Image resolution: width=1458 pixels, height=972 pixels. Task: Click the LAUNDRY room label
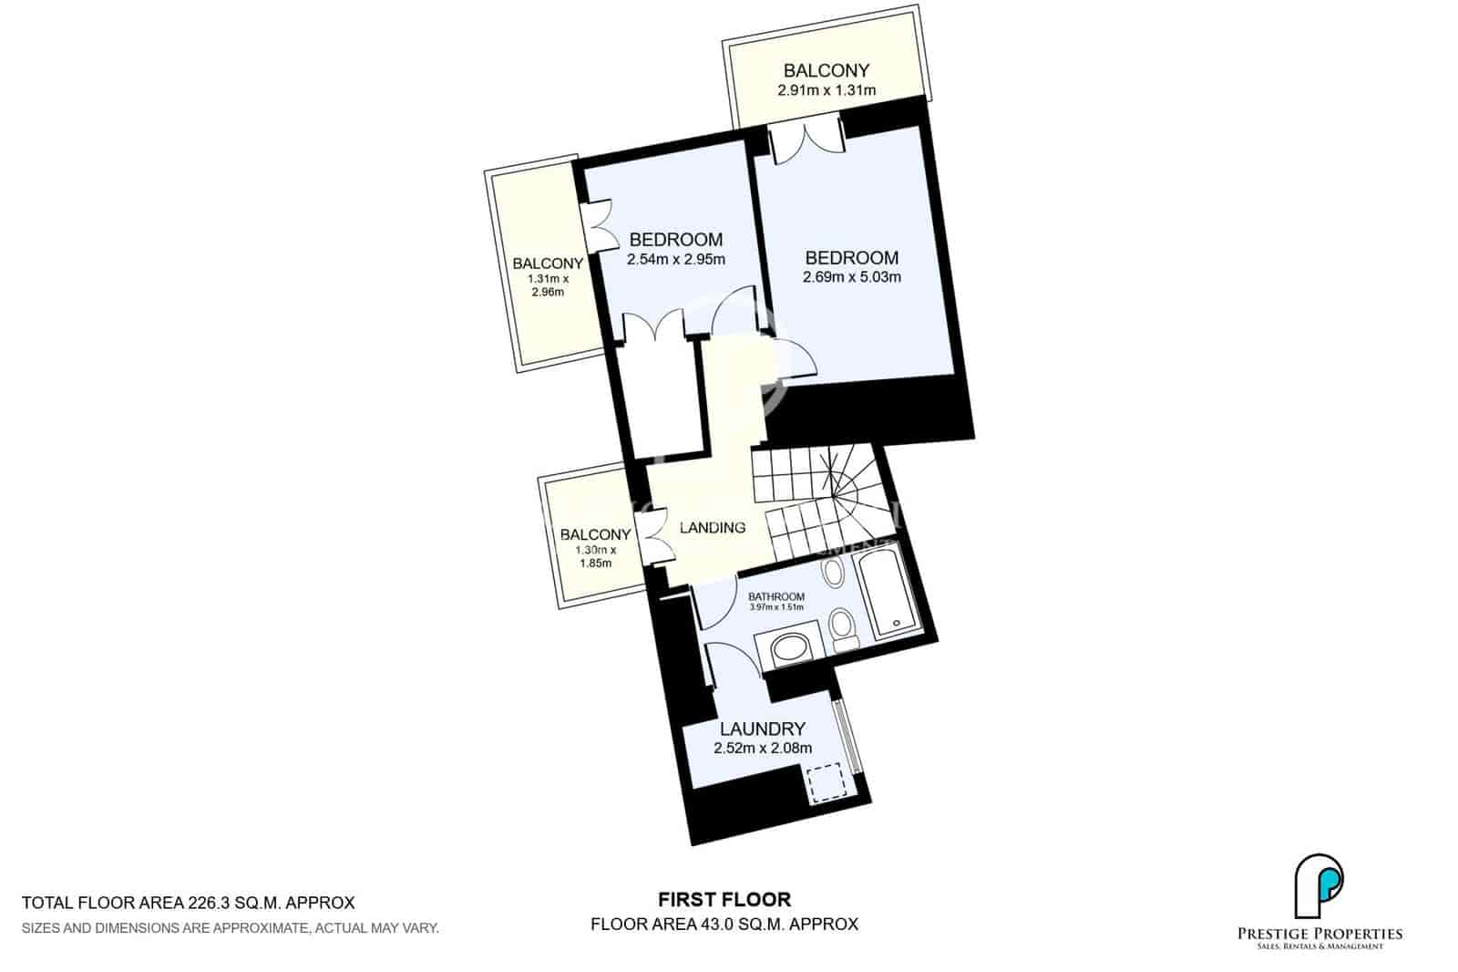point(762,729)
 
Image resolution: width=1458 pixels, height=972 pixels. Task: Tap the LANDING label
point(713,527)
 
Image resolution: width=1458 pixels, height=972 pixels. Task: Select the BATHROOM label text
point(776,596)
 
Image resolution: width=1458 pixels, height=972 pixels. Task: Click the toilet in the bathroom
point(843,630)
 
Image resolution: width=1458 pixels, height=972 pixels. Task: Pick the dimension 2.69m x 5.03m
point(851,277)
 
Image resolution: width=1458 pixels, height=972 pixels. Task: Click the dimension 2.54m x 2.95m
point(675,259)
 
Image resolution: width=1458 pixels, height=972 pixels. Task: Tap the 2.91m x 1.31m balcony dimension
point(826,90)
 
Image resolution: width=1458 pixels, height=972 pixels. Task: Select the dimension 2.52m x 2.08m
point(762,749)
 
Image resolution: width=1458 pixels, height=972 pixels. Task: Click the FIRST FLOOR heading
point(724,900)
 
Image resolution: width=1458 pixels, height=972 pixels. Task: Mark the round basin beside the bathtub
point(832,573)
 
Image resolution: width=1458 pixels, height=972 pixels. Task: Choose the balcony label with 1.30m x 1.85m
point(595,534)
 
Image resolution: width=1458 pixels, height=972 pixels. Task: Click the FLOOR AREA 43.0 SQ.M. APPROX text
point(724,924)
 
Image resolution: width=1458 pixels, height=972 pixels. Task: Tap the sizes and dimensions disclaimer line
point(231,928)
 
